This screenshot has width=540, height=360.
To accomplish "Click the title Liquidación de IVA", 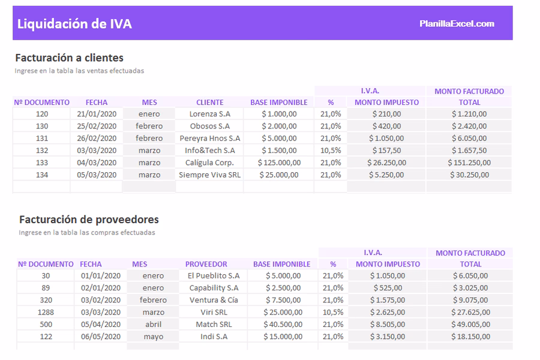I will point(74,24).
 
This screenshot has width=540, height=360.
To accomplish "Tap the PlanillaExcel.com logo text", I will point(457,24).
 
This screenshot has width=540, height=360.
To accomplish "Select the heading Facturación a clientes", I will point(69,58).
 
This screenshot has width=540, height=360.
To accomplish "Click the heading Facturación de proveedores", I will point(89,220).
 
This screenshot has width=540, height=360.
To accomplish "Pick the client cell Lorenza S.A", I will point(209,113).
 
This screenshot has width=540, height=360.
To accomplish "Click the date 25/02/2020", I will point(97,126).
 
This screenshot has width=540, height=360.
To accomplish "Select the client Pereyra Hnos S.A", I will point(209,138).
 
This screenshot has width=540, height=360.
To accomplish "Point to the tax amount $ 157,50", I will point(386,151).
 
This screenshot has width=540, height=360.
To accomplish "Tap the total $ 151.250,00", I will point(469,163).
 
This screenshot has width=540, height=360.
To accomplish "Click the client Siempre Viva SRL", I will point(209,175).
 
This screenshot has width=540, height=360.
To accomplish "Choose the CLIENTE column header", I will point(209,103).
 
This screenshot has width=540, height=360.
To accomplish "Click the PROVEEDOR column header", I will point(206,264).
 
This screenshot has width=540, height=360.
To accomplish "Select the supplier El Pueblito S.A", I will point(213,275).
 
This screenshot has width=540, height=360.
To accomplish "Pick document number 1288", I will point(46,312).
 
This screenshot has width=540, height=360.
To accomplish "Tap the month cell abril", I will point(154,324).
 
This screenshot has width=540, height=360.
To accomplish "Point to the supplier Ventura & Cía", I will point(213,300).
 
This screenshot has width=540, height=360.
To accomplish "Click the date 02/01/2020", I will point(101,288).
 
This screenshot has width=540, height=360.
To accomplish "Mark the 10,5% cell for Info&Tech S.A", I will point(331,151).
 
